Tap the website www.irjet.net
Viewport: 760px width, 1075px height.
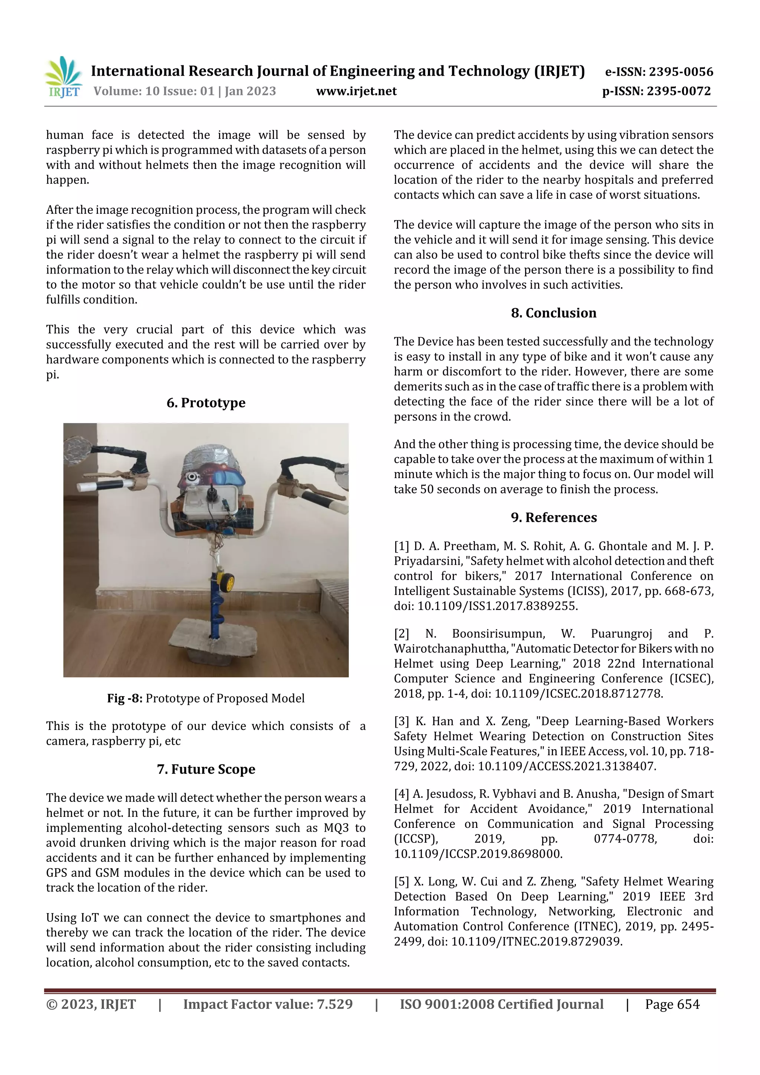pos(356,91)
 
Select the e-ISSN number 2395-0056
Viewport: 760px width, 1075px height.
pos(680,72)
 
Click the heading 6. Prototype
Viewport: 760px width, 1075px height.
pos(206,403)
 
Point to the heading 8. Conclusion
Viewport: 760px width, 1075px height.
pos(554,313)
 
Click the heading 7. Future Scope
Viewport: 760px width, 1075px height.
pos(206,769)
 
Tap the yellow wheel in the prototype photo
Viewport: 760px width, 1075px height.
pos(227,582)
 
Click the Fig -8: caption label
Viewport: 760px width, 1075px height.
pos(125,699)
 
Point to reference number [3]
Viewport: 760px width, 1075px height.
pos(401,721)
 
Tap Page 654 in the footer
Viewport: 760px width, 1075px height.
pos(672,1004)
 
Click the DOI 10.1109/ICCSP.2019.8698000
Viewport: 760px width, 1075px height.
pos(478,854)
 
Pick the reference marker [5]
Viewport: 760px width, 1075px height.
pos(401,882)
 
